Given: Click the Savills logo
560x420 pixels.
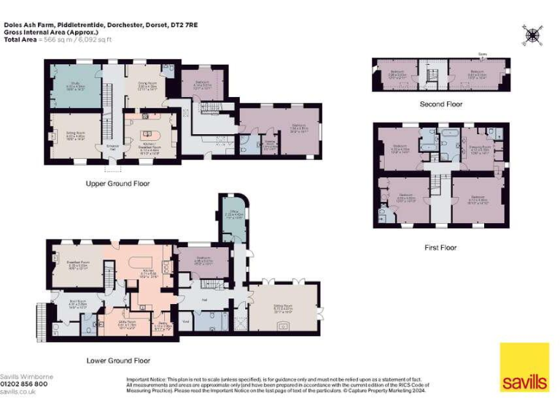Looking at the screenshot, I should (524, 367).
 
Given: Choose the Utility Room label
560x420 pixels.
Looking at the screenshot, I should (126, 322).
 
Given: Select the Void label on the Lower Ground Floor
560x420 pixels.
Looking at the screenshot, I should (186, 321).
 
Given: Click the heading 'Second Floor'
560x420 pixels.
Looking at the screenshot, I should (440, 104).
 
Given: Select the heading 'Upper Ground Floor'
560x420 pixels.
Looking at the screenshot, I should (117, 183).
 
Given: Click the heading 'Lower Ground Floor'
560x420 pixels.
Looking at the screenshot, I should (117, 360).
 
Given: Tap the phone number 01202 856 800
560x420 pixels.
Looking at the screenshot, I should (24, 384).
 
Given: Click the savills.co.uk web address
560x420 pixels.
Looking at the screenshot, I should (18, 392).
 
